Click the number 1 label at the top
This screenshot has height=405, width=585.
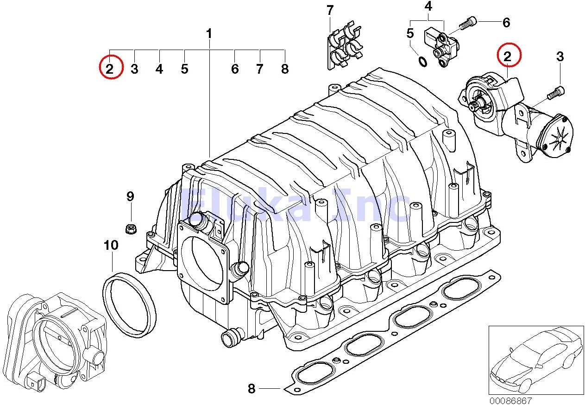click(209, 34)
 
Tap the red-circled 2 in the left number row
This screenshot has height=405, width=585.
click(109, 70)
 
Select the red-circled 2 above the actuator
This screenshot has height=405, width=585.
click(508, 57)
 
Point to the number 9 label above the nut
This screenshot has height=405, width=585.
click(130, 196)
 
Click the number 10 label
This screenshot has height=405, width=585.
click(111, 246)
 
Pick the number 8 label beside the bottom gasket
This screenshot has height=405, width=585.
click(252, 389)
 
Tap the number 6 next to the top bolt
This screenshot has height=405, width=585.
click(506, 22)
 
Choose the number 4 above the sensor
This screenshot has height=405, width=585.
click(428, 6)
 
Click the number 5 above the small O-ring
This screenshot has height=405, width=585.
click(410, 33)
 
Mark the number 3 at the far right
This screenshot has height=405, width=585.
click(560, 57)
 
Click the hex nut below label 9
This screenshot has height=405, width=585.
click(130, 228)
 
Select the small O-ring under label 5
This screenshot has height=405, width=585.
click(422, 61)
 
